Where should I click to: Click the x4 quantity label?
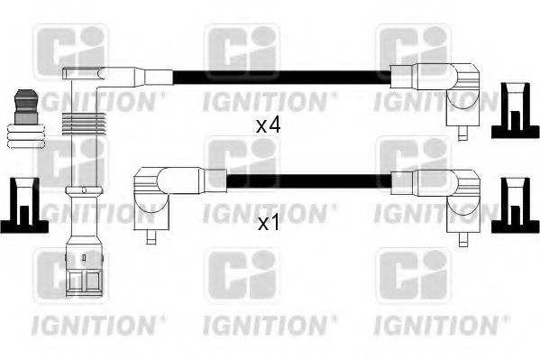tap(269, 125)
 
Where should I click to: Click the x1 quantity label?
tap(269, 222)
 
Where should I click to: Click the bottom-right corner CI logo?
tap(412, 272)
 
